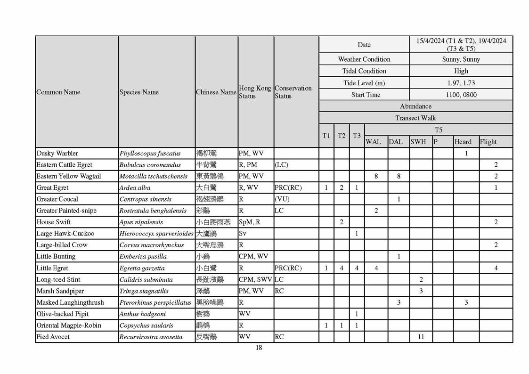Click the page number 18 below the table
click(259, 348)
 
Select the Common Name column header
click(58, 92)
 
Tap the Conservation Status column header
click(293, 92)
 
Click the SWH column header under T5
click(418, 142)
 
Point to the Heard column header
click(463, 142)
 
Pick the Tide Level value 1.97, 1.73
click(461, 83)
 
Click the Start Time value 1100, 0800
click(461, 95)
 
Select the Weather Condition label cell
click(364, 59)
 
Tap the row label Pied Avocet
click(53, 337)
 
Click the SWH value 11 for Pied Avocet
click(421, 337)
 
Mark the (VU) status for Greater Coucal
click(282, 199)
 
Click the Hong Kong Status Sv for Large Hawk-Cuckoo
click(243, 234)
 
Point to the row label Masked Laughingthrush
click(70, 302)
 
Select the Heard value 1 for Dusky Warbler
click(466, 154)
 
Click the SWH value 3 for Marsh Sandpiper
click(421, 291)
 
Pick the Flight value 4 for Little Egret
click(496, 268)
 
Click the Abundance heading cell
click(415, 106)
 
